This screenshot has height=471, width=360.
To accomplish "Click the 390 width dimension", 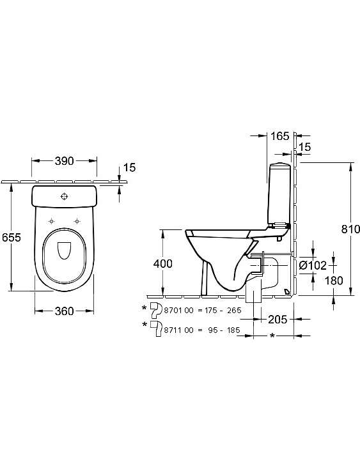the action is [x=65, y=161].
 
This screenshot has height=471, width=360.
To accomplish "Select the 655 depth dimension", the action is [x=12, y=237].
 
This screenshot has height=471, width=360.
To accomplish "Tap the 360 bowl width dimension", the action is [x=65, y=311].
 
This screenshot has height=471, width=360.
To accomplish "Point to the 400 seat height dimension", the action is [x=163, y=264].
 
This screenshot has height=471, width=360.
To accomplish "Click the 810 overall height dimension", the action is [x=350, y=229].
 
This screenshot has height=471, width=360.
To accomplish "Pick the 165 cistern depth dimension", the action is [x=280, y=136].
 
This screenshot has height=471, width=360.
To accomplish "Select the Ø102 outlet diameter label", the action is [x=313, y=265].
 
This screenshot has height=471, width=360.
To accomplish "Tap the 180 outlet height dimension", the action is [x=334, y=281].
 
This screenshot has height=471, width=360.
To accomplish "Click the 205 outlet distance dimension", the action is [x=278, y=320].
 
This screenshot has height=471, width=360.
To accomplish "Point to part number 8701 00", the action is [x=179, y=311].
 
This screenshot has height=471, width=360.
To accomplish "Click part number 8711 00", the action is [x=179, y=330].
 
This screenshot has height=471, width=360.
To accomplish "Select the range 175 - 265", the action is [x=223, y=311].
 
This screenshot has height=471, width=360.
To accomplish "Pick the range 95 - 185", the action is [x=224, y=330].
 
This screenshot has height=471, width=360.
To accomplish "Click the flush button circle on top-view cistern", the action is [x=64, y=196].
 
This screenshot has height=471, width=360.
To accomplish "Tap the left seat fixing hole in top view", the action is [x=51, y=221].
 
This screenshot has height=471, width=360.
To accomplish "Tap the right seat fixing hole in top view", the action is [x=77, y=221].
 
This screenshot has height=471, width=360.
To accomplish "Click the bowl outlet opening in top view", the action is [x=64, y=250].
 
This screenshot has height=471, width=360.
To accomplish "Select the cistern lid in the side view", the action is [x=280, y=165].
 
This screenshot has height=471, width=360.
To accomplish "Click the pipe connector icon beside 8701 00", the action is [x=156, y=311].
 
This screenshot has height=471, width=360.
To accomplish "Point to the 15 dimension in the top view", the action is [x=130, y=167].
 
